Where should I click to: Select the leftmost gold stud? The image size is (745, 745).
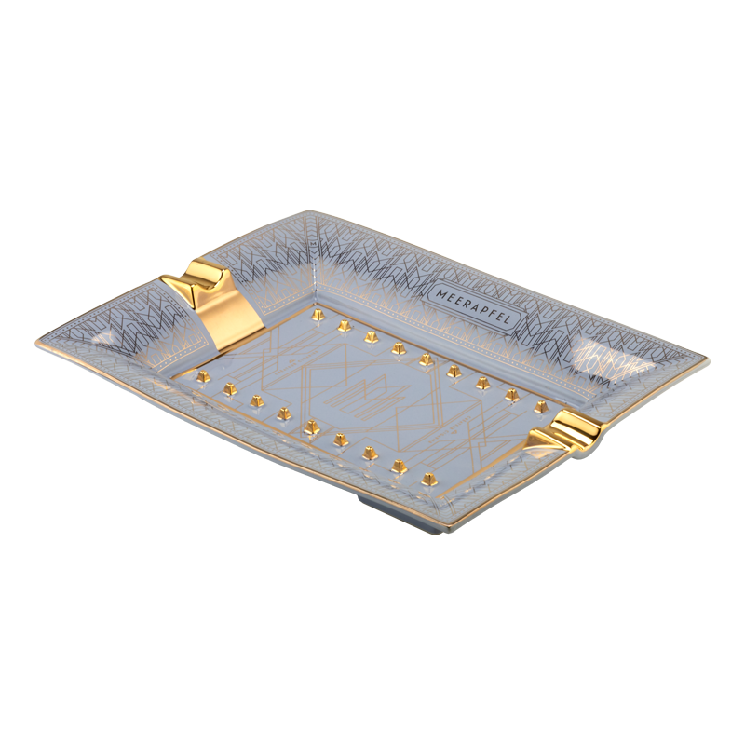tap(204, 375)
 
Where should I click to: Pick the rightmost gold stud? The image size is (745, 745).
tap(540, 407)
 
